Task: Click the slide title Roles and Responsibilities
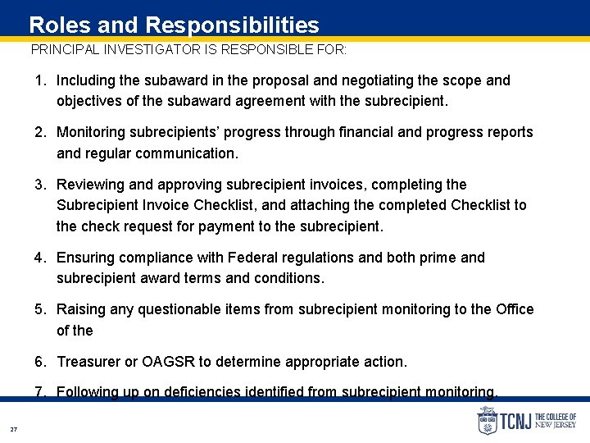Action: (x=174, y=25)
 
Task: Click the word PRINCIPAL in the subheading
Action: (x=64, y=49)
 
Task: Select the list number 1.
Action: (x=39, y=80)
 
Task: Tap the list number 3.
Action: (x=39, y=185)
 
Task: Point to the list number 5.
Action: (x=39, y=309)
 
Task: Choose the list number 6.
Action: (x=39, y=362)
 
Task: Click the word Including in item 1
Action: (x=87, y=80)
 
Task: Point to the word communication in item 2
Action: (x=188, y=153)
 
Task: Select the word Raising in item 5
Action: (x=79, y=309)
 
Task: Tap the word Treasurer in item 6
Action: (x=89, y=362)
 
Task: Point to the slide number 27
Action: (x=13, y=429)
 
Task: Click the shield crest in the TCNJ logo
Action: (x=487, y=420)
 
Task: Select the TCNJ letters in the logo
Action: (x=515, y=421)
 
